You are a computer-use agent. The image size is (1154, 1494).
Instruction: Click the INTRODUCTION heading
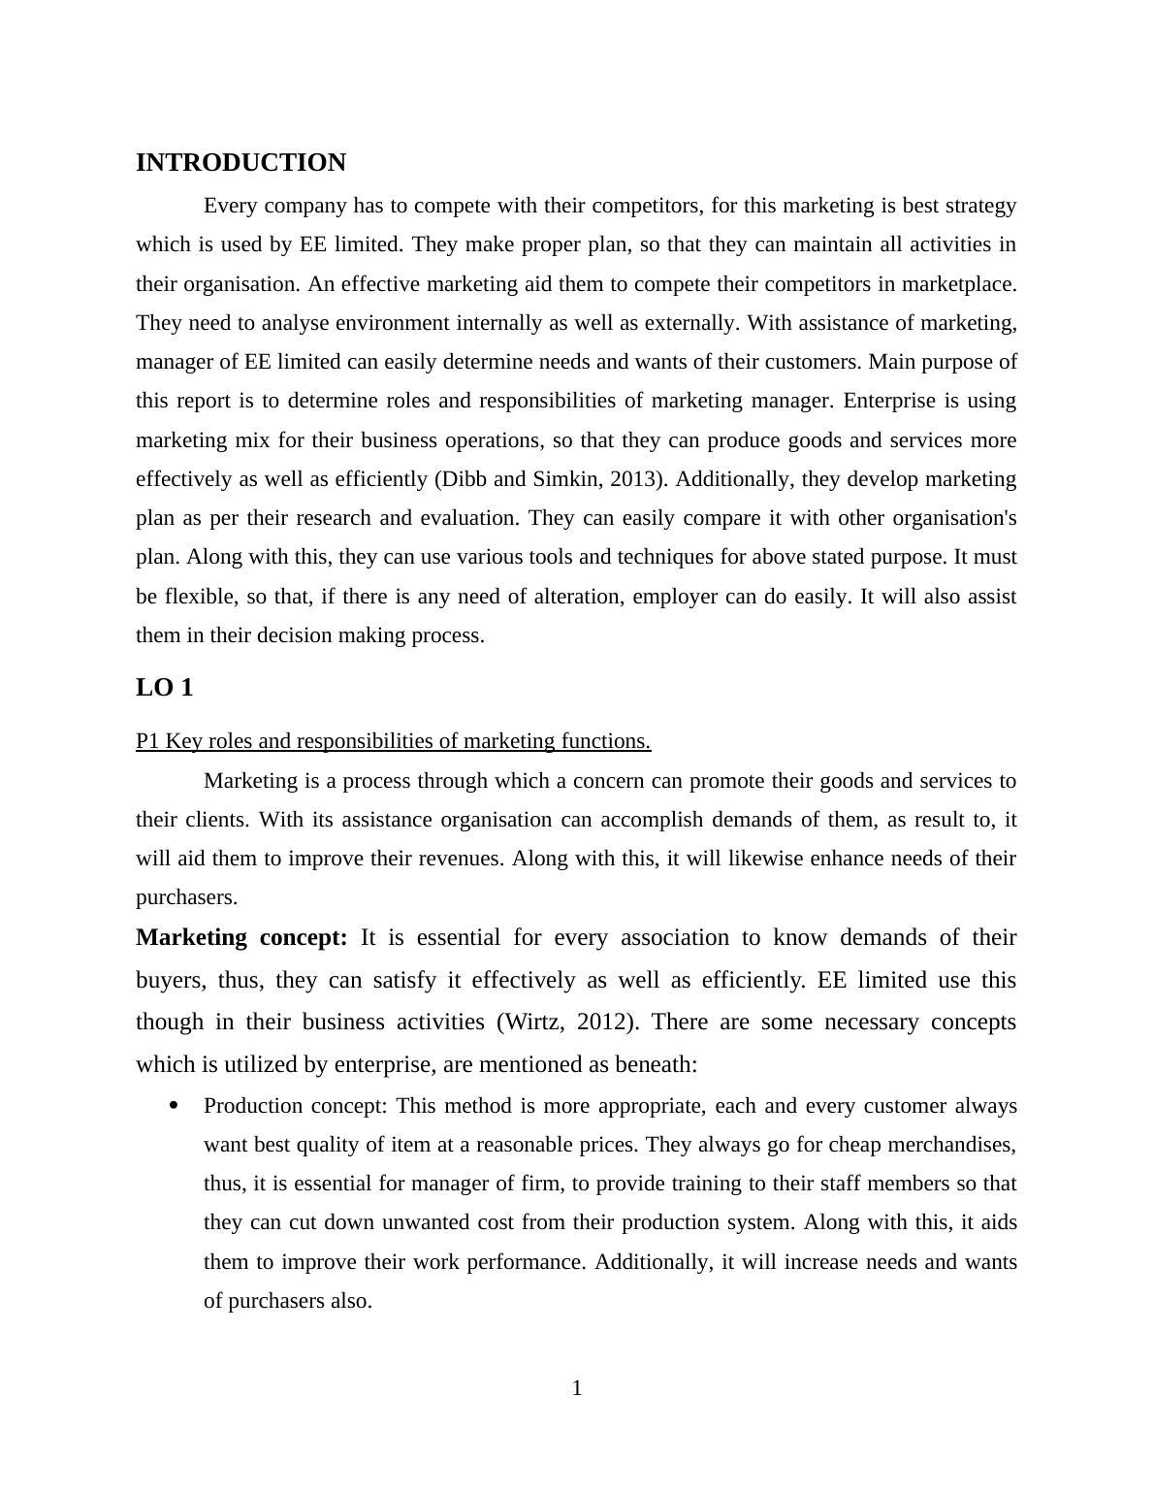pos(240,163)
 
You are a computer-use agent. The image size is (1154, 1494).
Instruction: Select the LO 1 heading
pos(165,688)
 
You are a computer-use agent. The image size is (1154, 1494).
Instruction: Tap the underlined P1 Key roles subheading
pos(393,741)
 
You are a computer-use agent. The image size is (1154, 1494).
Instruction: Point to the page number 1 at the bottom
pos(577,1388)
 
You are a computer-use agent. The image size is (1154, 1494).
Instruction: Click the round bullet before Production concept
pos(174,1106)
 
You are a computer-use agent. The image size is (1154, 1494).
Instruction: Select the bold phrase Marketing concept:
pos(241,938)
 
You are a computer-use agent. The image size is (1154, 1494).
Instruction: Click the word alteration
pos(576,597)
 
